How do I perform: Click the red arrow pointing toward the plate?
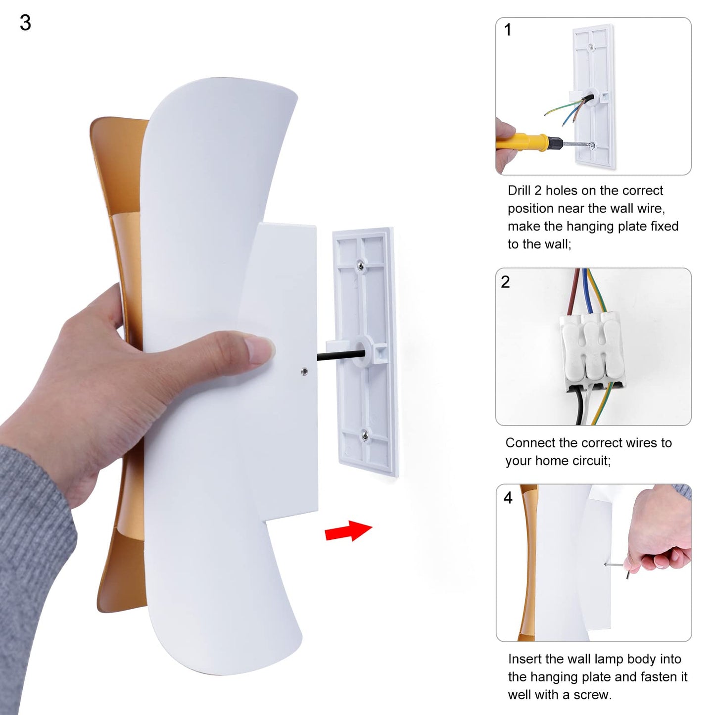(348, 531)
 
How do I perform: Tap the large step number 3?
(25, 23)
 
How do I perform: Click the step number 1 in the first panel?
(508, 30)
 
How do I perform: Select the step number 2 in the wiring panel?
(505, 282)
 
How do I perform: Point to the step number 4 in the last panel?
(508, 498)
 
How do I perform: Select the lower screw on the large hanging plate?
(365, 434)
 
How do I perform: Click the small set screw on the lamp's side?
(304, 371)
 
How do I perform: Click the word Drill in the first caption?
(519, 191)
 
